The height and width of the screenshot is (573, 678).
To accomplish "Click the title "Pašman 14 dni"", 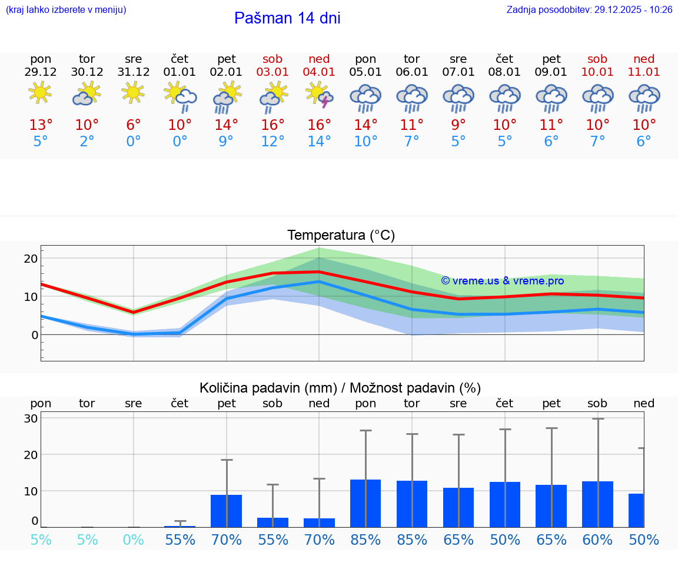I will click(287, 18).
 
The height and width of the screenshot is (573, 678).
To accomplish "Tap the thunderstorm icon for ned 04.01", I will click(319, 95).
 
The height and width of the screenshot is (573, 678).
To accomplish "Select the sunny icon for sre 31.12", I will click(134, 92).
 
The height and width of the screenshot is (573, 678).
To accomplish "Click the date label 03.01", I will click(272, 72).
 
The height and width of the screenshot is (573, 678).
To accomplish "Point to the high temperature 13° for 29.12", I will click(41, 125).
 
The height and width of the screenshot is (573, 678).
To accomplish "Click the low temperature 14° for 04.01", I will click(319, 142).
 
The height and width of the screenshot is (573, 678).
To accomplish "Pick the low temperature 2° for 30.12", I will click(87, 142).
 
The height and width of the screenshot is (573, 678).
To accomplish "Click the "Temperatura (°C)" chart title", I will click(341, 235).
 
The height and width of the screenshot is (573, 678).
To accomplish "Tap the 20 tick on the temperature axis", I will click(31, 259).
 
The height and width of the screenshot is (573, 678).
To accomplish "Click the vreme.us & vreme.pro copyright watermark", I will click(502, 281).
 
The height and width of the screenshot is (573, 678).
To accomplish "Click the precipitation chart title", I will click(340, 388).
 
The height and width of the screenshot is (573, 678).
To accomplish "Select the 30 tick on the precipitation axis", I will click(31, 418).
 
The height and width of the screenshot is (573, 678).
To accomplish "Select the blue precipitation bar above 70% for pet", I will click(227, 511).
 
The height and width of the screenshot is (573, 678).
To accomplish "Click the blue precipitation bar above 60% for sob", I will click(597, 504).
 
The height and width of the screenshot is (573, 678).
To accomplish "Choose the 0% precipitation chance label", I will click(134, 540).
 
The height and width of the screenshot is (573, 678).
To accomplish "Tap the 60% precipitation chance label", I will click(597, 540).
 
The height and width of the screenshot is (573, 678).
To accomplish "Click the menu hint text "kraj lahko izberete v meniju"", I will click(65, 10).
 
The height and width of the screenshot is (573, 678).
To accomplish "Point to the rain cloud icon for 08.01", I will click(504, 97).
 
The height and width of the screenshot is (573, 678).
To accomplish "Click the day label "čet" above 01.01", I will click(180, 59).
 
